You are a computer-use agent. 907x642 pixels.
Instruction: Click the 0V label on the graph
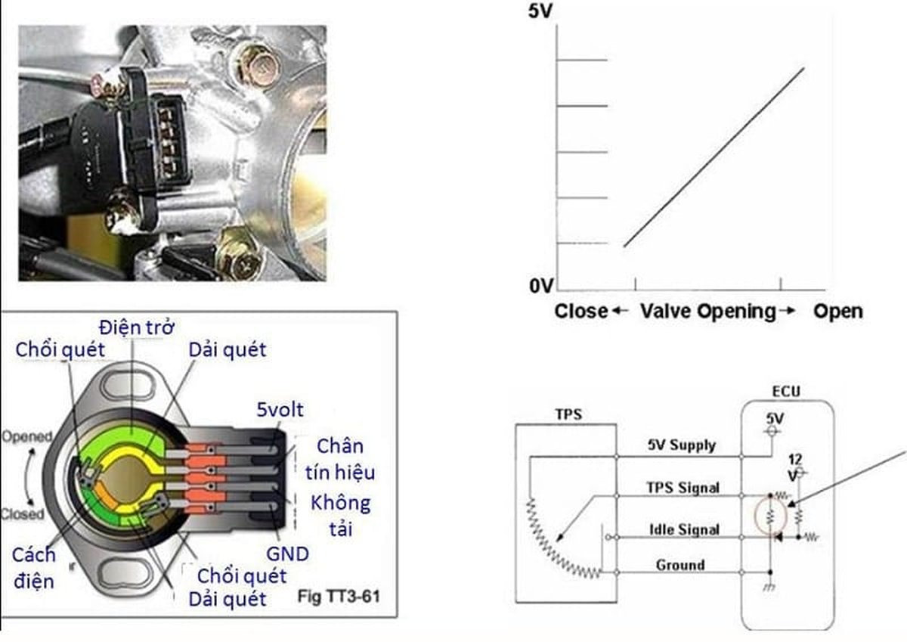click(x=542, y=285)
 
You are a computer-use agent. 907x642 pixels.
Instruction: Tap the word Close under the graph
click(x=580, y=312)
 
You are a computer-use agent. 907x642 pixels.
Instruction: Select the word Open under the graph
click(x=837, y=312)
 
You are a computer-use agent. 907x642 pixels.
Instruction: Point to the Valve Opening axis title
click(x=708, y=312)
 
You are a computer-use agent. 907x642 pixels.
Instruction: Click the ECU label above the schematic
click(x=786, y=392)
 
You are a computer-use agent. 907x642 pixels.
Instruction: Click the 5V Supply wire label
click(x=681, y=445)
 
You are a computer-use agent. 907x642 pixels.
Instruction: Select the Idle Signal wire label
click(x=684, y=530)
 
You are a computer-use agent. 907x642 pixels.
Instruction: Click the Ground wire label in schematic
click(x=680, y=565)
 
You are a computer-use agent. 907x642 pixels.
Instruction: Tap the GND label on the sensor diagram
click(x=287, y=554)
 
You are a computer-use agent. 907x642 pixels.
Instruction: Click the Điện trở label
click(x=137, y=327)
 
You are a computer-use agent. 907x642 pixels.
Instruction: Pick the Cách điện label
click(x=34, y=567)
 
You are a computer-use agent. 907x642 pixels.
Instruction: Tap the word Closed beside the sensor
click(x=23, y=515)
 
